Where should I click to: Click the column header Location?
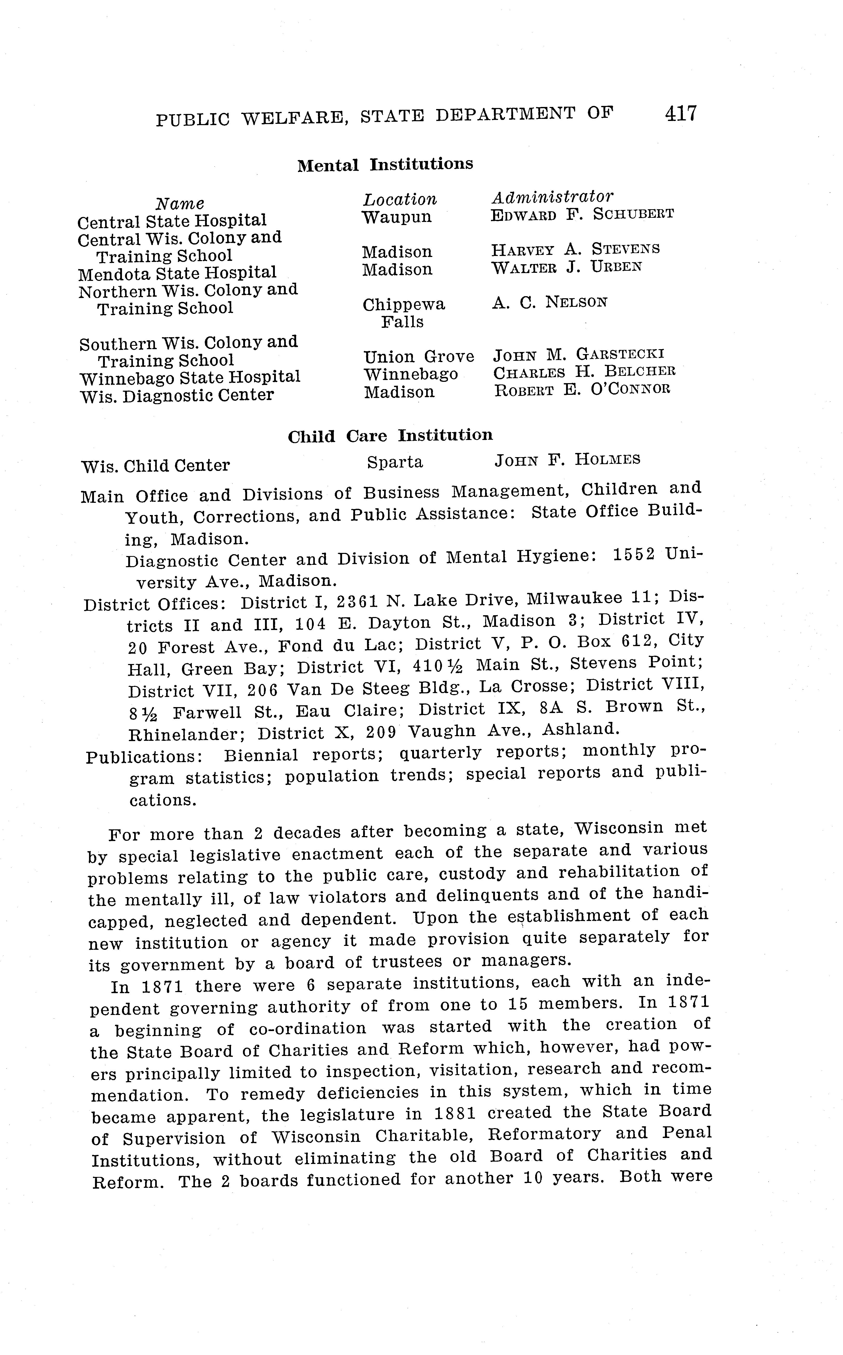(x=400, y=199)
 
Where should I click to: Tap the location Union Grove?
(x=418, y=356)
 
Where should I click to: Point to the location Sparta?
(x=395, y=462)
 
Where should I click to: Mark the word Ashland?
(x=580, y=729)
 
